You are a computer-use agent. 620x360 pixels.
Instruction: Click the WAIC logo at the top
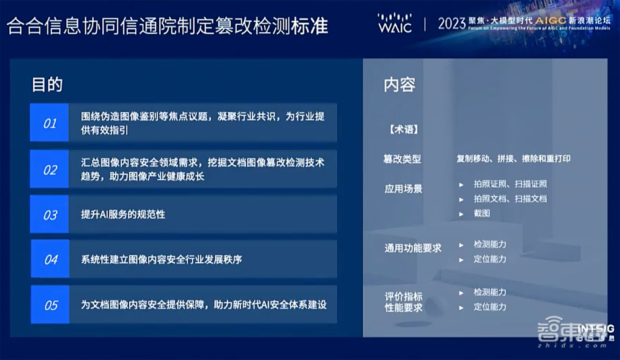(394, 23)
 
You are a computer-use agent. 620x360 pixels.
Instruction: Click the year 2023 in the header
(451, 23)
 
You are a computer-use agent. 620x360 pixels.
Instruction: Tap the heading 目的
(47, 85)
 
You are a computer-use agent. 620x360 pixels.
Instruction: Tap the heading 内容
(399, 85)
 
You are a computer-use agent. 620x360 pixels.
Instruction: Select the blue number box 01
(50, 123)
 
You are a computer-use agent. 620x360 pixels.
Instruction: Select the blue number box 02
(50, 169)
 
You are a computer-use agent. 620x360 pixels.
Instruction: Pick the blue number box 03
(50, 215)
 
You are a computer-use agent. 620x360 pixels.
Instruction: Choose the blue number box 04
(50, 260)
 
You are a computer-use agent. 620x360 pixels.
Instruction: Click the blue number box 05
(50, 305)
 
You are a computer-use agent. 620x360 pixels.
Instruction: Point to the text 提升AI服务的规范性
(123, 215)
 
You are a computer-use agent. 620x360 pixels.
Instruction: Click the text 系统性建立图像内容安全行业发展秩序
(161, 260)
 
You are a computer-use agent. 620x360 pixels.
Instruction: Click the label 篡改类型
(402, 159)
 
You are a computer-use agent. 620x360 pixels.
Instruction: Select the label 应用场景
(403, 188)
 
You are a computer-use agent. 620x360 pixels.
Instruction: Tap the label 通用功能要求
(413, 248)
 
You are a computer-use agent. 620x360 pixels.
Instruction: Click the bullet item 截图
(482, 213)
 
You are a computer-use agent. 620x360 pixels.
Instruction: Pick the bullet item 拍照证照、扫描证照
(510, 184)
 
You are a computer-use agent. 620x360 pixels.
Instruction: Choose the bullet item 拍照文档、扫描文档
(510, 199)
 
